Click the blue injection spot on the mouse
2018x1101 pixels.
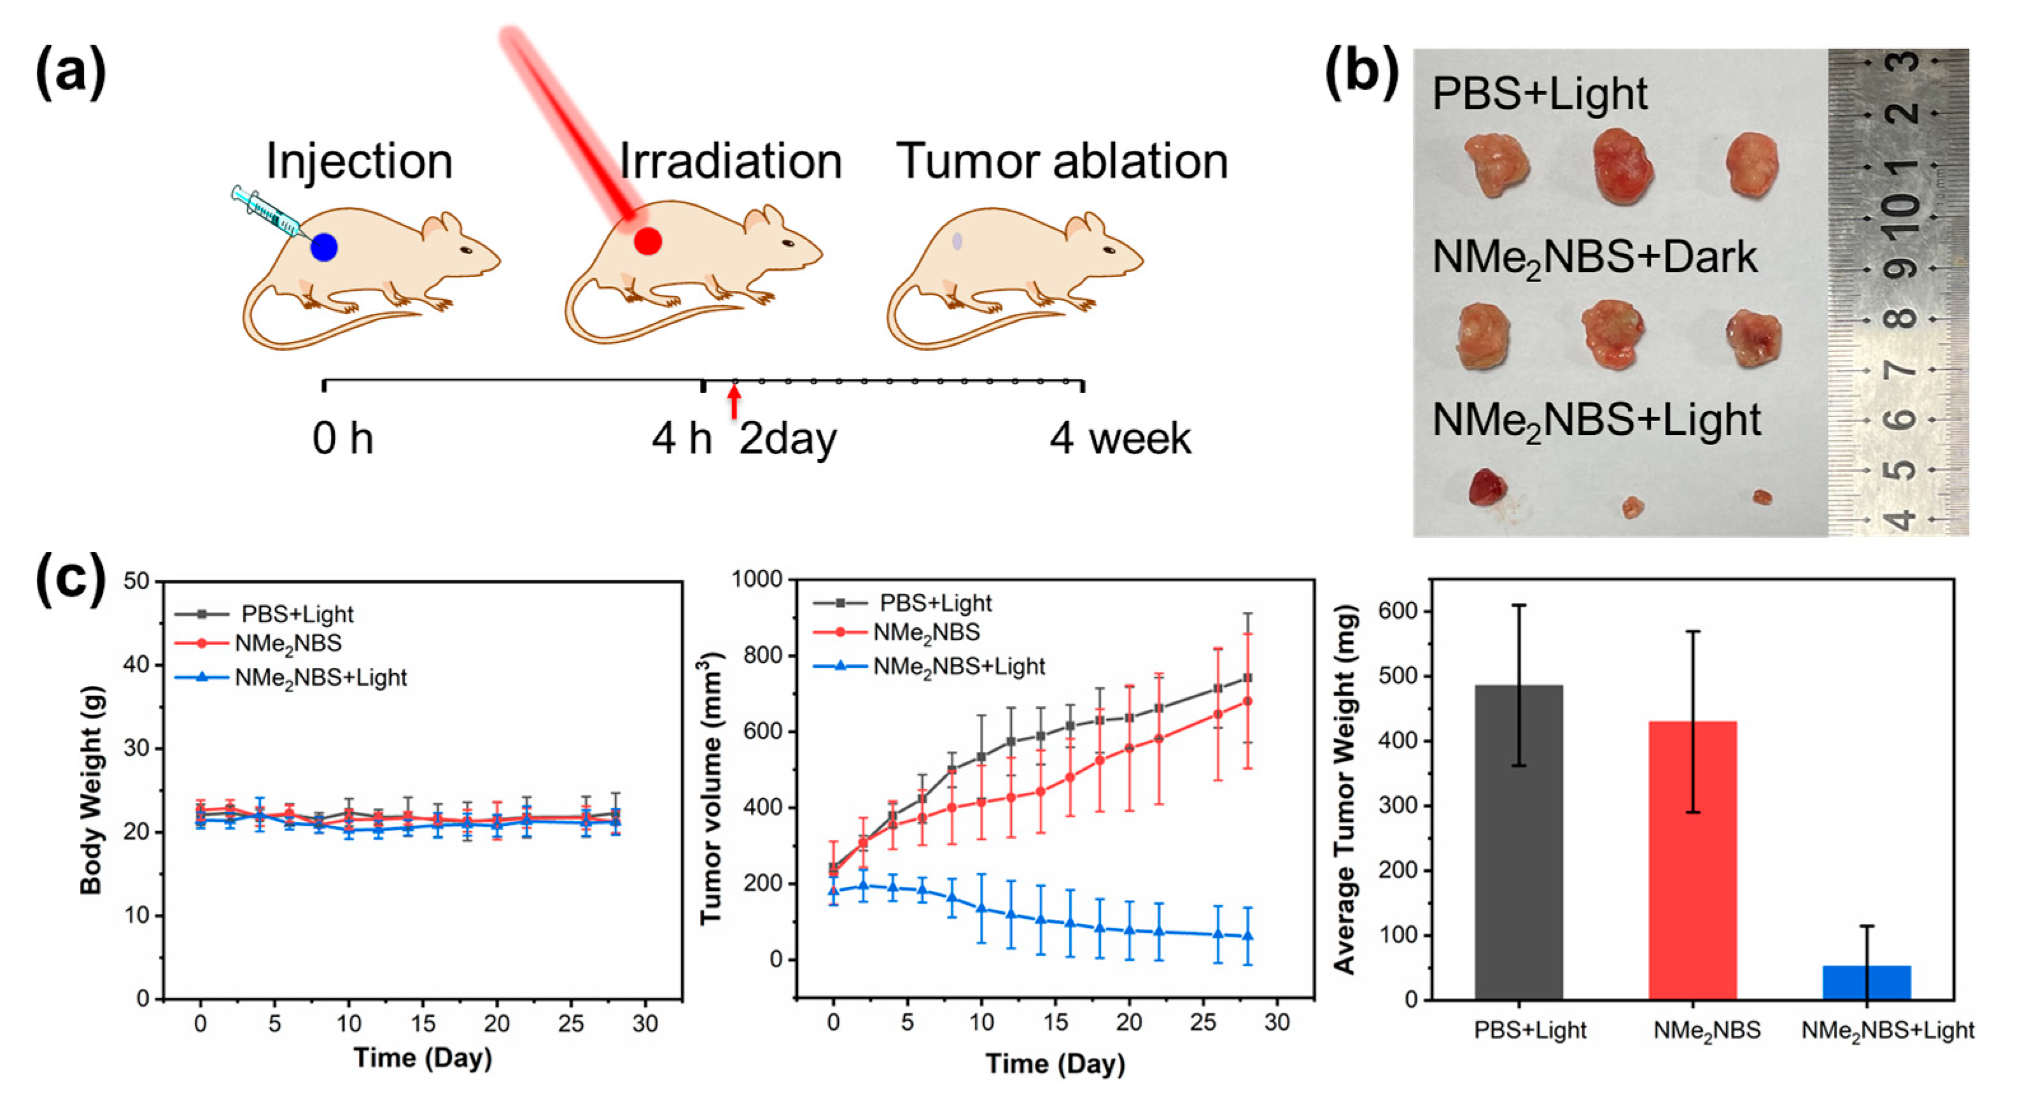323,248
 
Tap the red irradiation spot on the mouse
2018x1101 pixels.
648,241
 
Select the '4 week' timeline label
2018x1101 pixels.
1120,439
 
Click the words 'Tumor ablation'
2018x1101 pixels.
1062,162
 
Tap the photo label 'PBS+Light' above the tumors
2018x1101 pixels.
1539,94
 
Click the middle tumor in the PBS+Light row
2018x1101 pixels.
1623,166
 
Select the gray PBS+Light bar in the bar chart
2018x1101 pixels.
1518,842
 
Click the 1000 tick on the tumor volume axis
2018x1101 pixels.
757,580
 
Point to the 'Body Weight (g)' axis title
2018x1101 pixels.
92,789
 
